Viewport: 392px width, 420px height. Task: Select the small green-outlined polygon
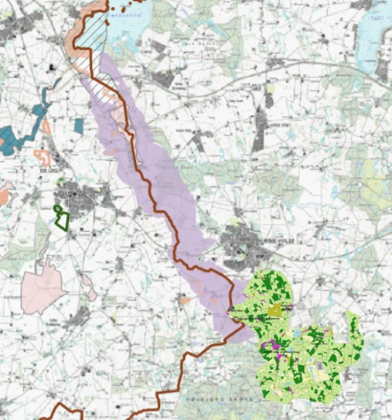click(x=61, y=217)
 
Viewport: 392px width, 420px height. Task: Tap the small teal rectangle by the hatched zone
click(x=78, y=125)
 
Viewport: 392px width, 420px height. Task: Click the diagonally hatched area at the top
click(x=96, y=31)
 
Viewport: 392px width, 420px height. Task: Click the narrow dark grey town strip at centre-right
click(x=259, y=128)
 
